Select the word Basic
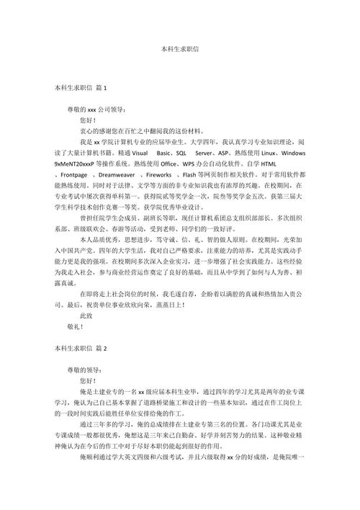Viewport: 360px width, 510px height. [x=165, y=154]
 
